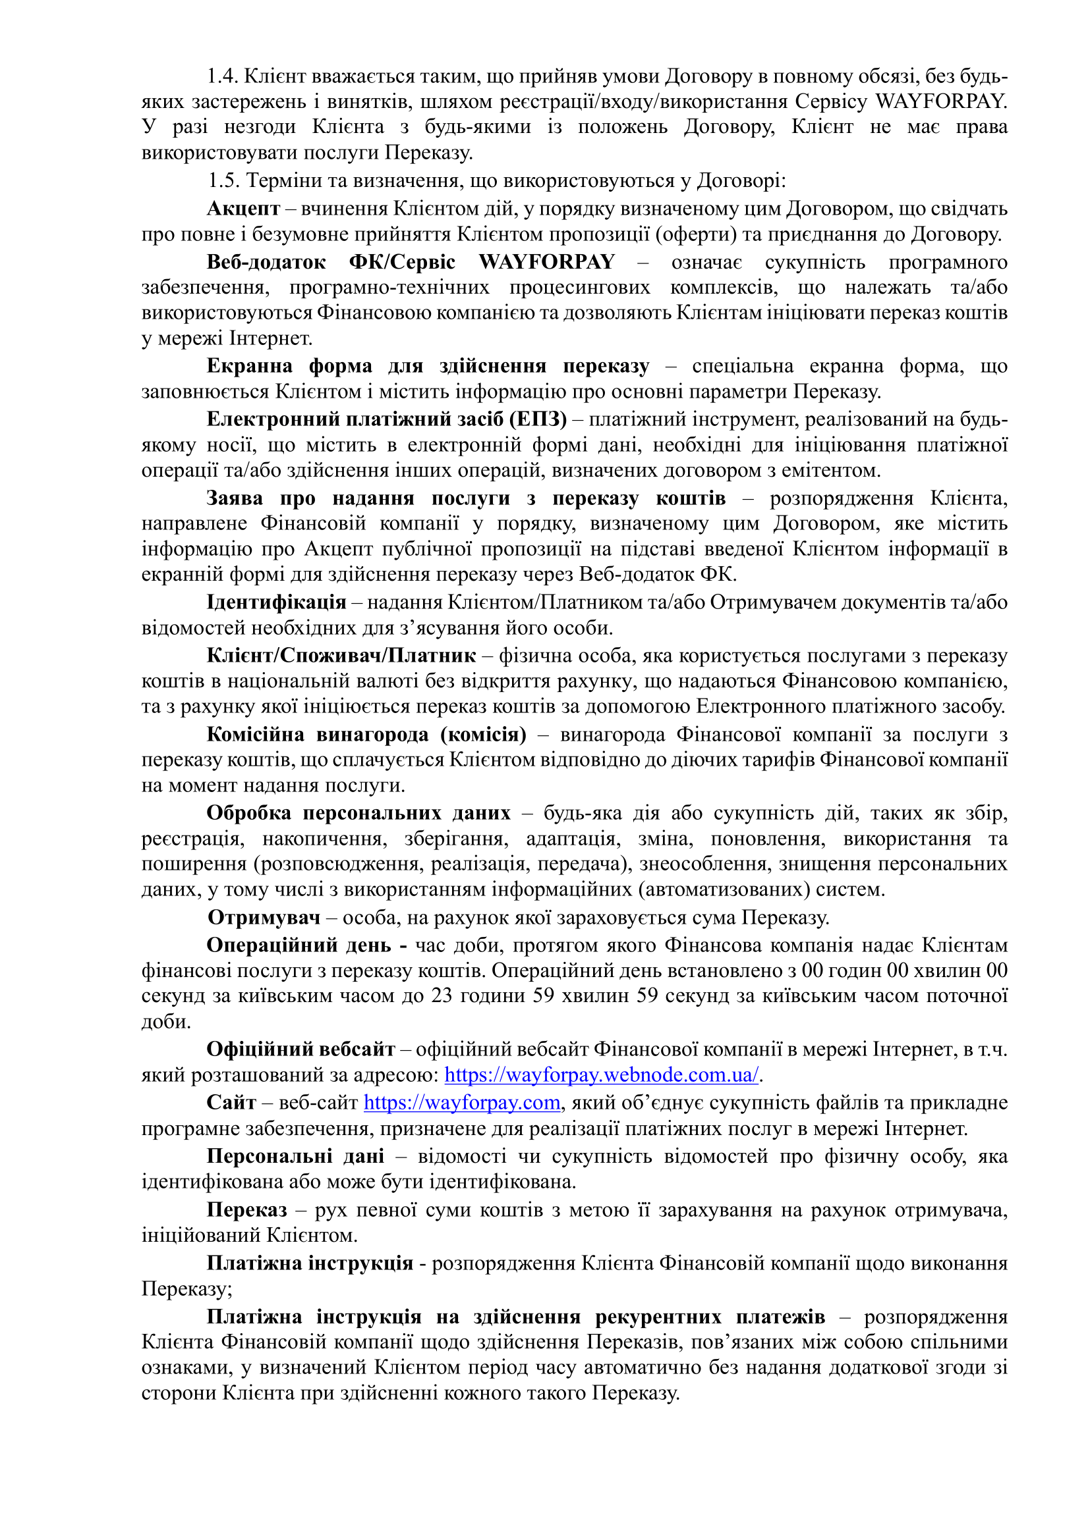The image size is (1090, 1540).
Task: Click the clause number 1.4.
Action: [222, 76]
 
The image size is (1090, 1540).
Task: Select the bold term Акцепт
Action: [243, 209]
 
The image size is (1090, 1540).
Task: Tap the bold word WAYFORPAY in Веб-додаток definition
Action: [546, 261]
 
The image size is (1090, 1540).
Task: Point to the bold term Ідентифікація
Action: [276, 602]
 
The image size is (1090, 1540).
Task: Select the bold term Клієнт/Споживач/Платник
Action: [341, 655]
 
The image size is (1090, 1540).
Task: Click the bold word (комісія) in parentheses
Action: [483, 735]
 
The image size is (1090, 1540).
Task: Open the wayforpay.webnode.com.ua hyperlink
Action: [602, 1075]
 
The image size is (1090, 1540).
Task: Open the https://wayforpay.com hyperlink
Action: [462, 1103]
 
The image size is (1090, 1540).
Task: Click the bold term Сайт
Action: [231, 1103]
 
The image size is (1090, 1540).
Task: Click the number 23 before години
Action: [442, 996]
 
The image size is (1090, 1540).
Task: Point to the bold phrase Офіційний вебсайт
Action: [301, 1049]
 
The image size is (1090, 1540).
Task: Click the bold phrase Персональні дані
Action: [295, 1155]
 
